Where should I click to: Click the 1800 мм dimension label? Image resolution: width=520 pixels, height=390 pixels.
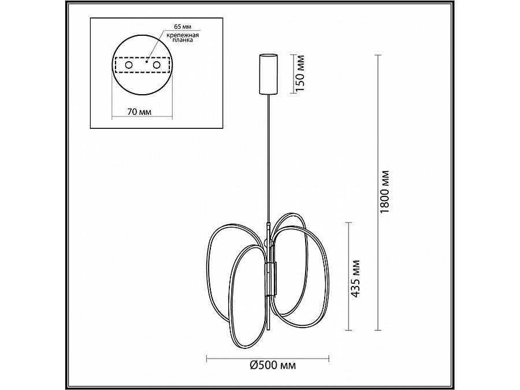pos(384,192)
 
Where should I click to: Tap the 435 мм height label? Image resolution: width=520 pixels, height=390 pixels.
pos(355,278)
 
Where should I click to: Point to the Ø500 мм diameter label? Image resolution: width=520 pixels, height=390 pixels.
pos(272,366)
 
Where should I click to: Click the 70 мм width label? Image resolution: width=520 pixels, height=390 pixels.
pos(139,112)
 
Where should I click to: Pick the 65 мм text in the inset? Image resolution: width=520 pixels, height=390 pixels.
pos(183,27)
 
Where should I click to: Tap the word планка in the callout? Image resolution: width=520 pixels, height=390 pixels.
pos(183,40)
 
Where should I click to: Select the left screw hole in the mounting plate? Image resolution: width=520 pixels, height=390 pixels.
pos(129,65)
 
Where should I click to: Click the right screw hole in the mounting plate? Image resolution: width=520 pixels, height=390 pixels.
pos(157,65)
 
